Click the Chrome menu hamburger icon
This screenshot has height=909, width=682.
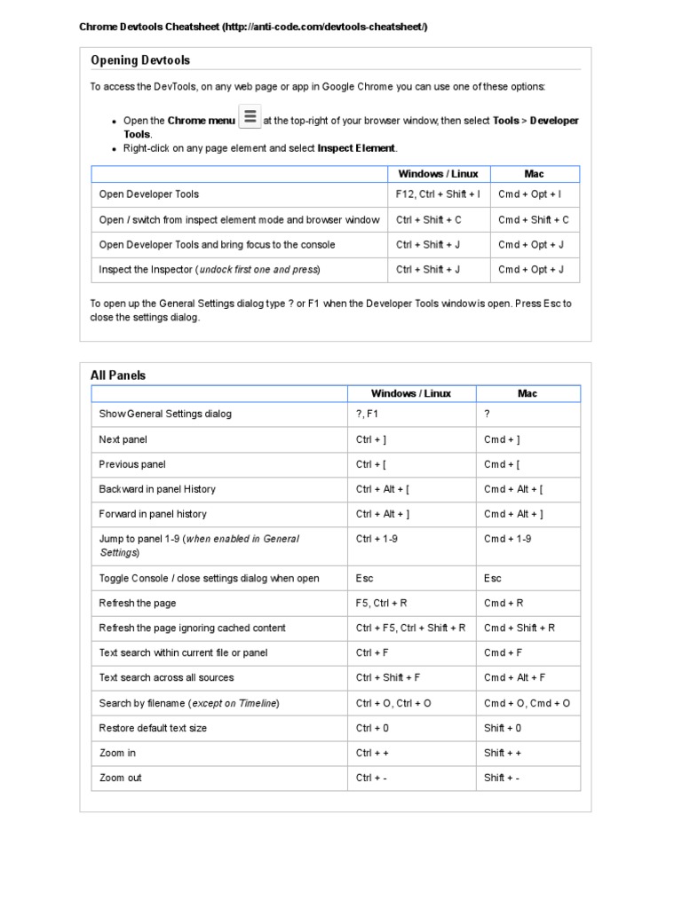[x=250, y=117]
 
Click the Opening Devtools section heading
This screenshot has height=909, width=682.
[x=140, y=60]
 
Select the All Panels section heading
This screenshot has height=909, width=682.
[x=118, y=375]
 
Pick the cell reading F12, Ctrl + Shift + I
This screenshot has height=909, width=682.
[x=438, y=194]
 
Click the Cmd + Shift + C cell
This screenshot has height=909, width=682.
[x=533, y=220]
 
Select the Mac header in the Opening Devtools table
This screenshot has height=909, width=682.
[x=534, y=174]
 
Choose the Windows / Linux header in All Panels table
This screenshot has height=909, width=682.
[x=410, y=393]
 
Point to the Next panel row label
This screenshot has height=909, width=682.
[x=123, y=439]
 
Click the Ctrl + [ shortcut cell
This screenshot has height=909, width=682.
[x=371, y=464]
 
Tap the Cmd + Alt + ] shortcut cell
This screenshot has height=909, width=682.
[x=513, y=514]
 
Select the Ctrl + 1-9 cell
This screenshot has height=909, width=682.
[x=377, y=539]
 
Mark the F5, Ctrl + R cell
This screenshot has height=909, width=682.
[x=381, y=604]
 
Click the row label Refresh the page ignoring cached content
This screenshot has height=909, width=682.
[x=192, y=628]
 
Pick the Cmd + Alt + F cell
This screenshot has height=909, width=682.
[x=514, y=678]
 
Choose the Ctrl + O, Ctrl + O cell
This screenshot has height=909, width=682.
[x=393, y=703]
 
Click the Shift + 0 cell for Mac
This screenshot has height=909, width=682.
[x=503, y=728]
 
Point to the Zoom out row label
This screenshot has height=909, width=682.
[x=120, y=778]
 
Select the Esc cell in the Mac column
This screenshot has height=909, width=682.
[x=493, y=579]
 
